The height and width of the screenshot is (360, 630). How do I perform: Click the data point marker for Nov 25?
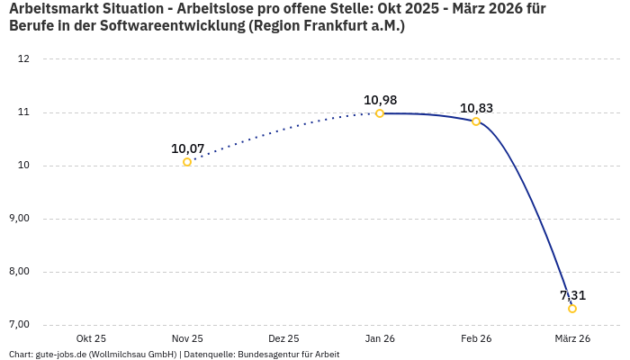coord(187,162)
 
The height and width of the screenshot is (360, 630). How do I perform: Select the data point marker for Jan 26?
coord(380,113)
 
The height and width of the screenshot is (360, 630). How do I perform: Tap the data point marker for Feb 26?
coord(476,121)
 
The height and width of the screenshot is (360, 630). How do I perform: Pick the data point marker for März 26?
coord(572,309)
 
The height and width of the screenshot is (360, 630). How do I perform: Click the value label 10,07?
coord(187,148)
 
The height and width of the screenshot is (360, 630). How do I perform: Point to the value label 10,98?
coord(380,100)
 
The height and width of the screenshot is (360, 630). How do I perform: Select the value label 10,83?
coord(476,108)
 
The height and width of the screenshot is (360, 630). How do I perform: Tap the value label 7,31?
coord(572,295)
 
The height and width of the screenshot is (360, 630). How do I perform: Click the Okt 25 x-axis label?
coord(91,338)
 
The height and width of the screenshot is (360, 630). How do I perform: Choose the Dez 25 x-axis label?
coord(283,338)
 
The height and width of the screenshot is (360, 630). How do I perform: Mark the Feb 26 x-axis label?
coord(476,338)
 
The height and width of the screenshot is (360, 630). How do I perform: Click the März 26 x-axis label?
coord(572,338)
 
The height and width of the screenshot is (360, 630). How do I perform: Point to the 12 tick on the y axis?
coord(24,59)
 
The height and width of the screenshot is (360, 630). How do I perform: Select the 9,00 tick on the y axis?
coord(20,219)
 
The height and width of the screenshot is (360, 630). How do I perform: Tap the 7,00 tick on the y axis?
coord(20,325)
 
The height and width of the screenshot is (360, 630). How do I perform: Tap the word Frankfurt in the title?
coord(335,27)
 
